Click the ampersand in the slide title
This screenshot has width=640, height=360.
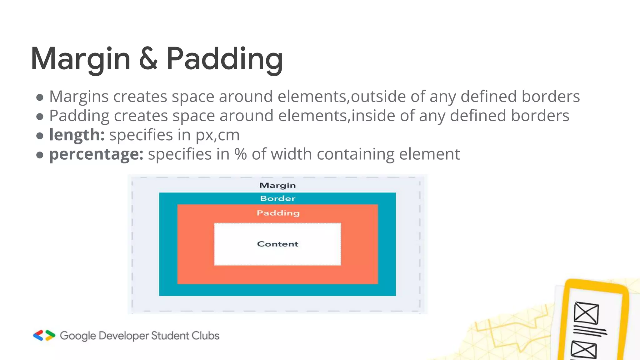(148, 59)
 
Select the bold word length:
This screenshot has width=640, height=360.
(77, 135)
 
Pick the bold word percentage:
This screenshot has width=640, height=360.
(96, 154)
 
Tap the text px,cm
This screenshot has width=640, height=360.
(217, 135)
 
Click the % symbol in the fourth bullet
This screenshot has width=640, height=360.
(241, 154)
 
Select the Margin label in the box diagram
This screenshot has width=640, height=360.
(277, 185)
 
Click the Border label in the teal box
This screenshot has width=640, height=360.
(277, 198)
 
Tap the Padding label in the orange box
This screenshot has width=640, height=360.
(278, 213)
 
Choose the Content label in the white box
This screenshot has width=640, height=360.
(277, 244)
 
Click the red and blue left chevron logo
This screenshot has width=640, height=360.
(38, 335)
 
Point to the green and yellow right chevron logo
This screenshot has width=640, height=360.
(50, 335)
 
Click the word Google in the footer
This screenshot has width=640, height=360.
(78, 336)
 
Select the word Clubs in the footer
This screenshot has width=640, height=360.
(205, 336)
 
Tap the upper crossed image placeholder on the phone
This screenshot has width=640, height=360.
(586, 313)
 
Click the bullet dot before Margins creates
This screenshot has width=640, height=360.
(40, 97)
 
